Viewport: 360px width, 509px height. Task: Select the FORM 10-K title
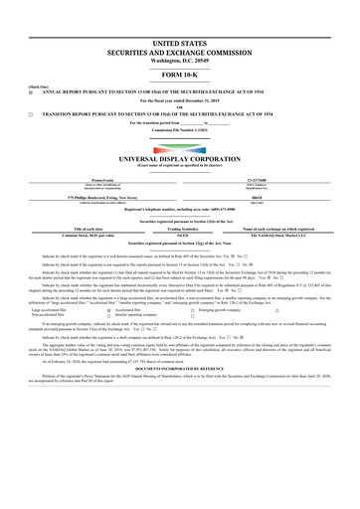click(x=180, y=74)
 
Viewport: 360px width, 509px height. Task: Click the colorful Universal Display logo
click(x=180, y=143)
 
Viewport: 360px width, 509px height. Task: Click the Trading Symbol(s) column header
click(x=180, y=229)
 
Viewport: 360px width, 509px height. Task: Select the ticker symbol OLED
click(x=180, y=236)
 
